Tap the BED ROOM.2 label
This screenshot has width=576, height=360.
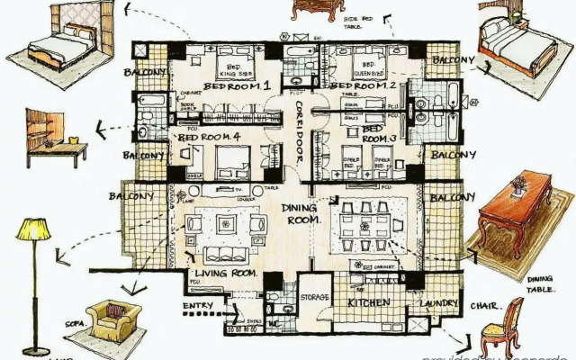pyautogui.click(x=364, y=85)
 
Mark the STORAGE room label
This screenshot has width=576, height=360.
pyautogui.click(x=314, y=297)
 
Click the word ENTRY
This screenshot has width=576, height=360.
pyautogui.click(x=197, y=307)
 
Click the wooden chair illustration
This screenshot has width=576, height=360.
pyautogui.click(x=503, y=324)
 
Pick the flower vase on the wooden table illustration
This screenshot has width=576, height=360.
pyautogui.click(x=519, y=184)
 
